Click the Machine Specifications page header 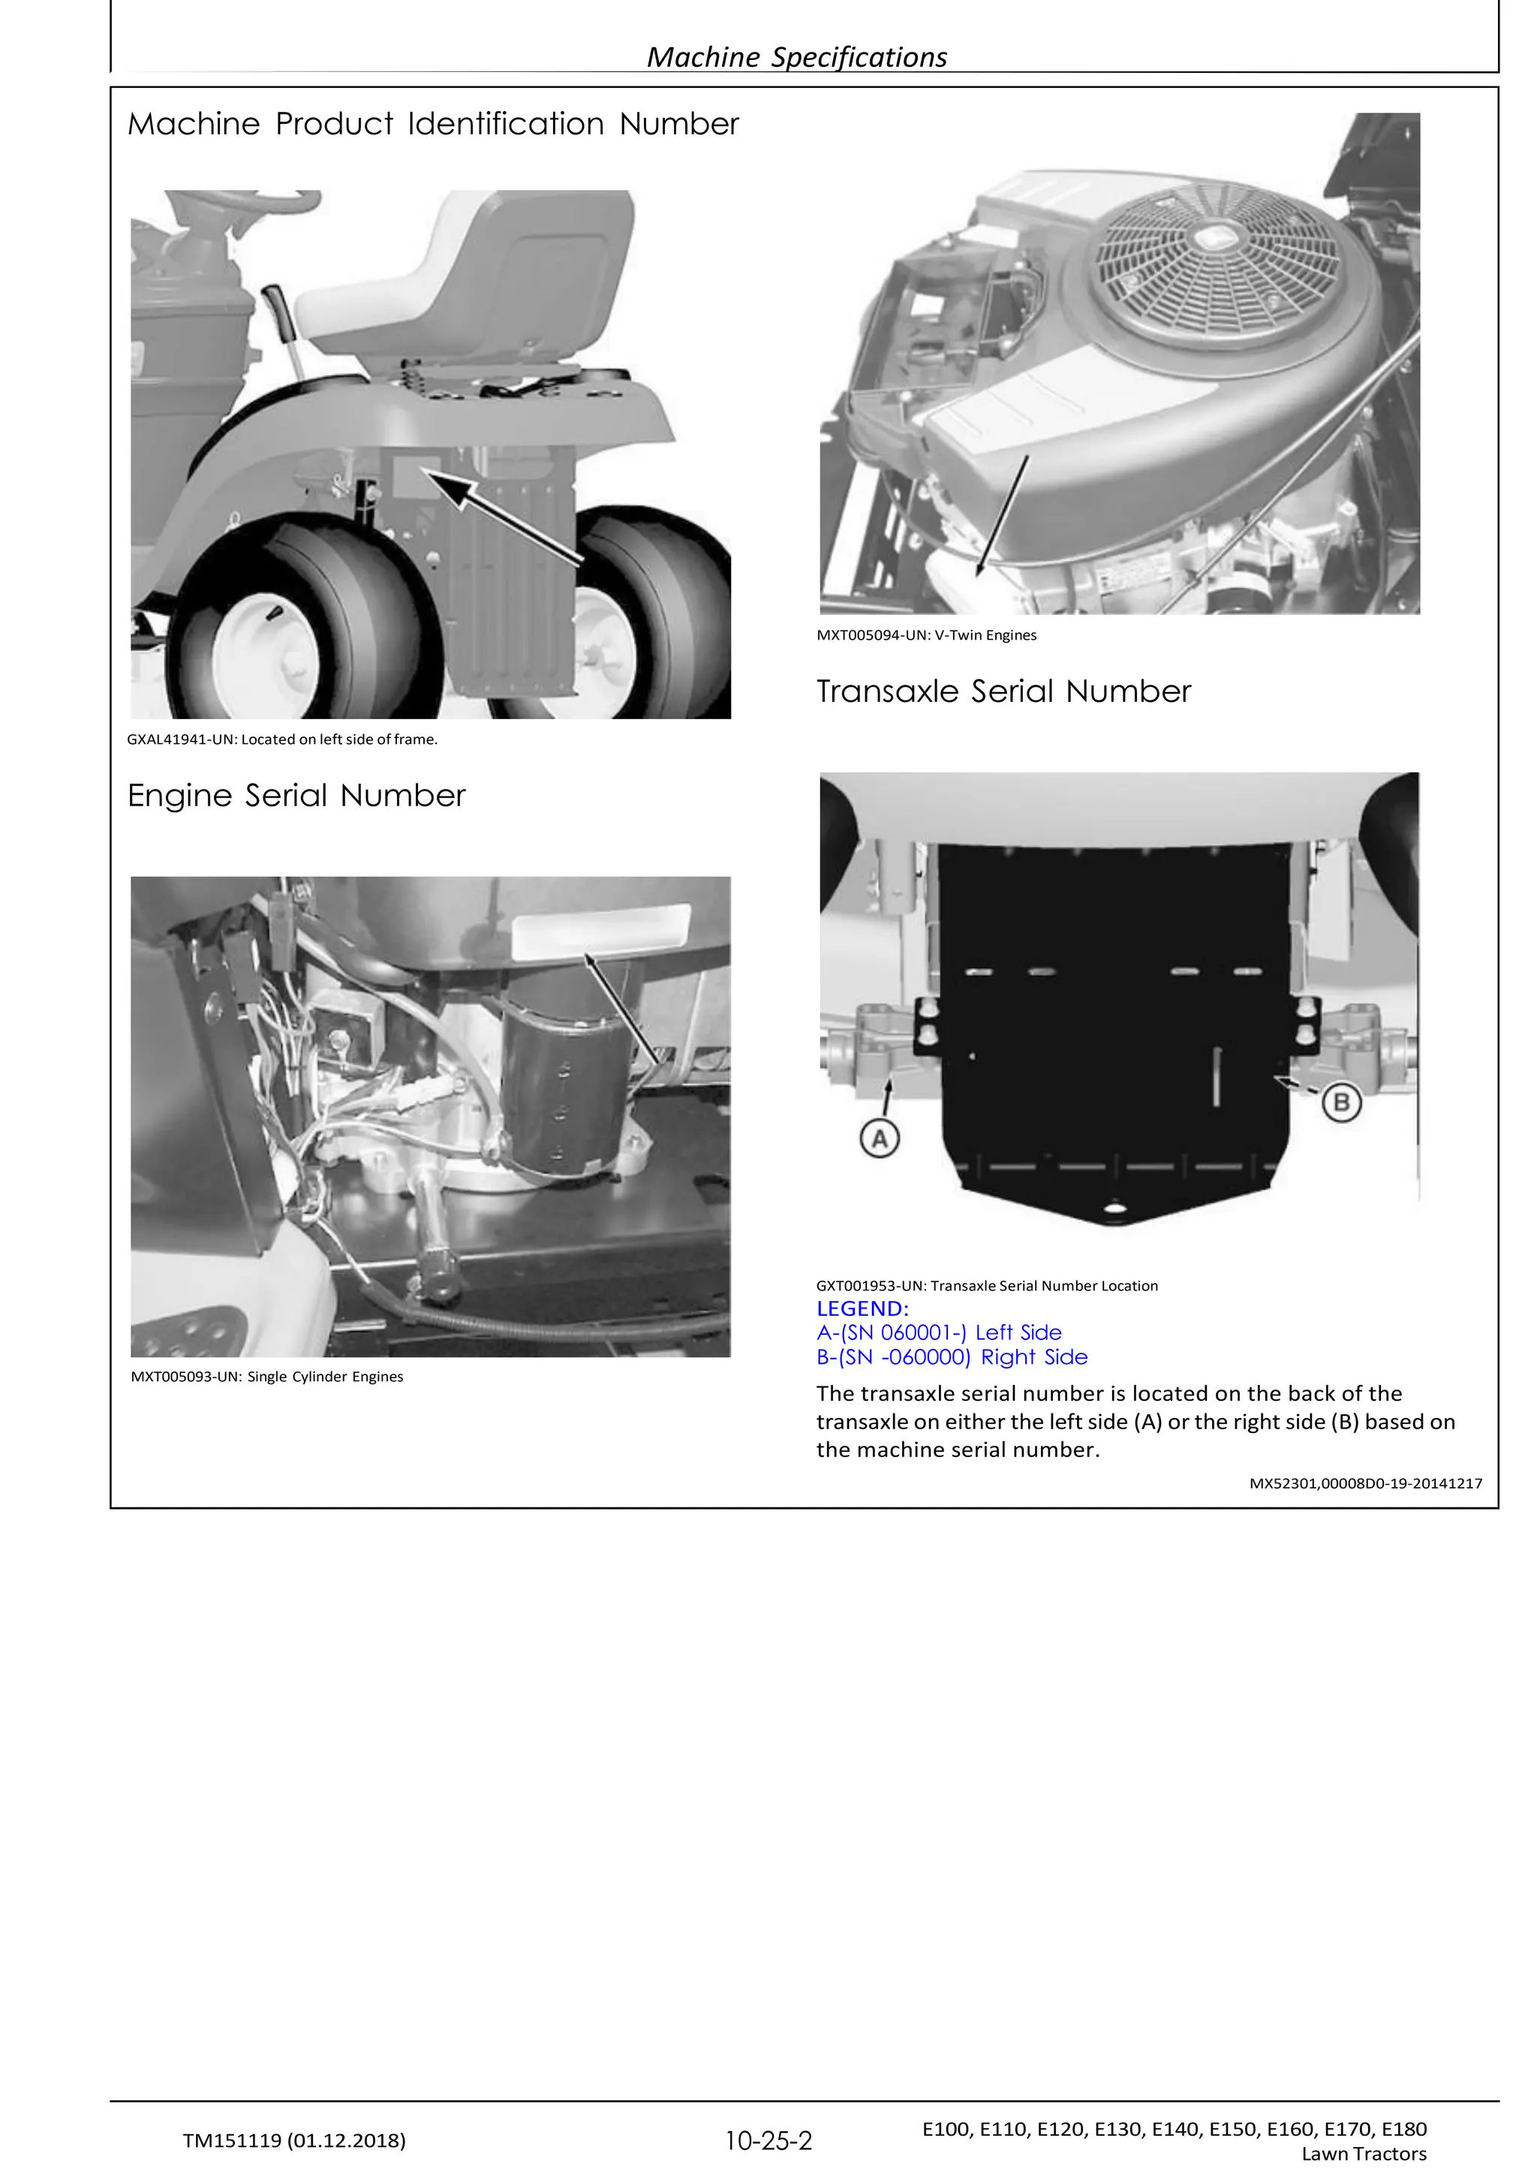tap(796, 57)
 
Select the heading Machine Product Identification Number tap(432, 124)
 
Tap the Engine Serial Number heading tap(296, 796)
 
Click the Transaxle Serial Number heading tap(1003, 691)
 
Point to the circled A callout tap(879, 1138)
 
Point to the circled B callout tap(1340, 1103)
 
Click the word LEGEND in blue tap(862, 1308)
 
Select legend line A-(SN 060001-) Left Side tap(939, 1332)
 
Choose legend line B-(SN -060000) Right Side tap(952, 1356)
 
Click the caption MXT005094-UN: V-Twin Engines tap(926, 635)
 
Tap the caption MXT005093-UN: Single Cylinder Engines tap(266, 1377)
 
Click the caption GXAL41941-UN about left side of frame tap(281, 739)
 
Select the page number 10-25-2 tap(768, 2141)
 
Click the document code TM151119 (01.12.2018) tap(294, 2140)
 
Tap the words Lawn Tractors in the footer tap(1364, 2153)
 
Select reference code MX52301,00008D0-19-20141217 tap(1365, 1483)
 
